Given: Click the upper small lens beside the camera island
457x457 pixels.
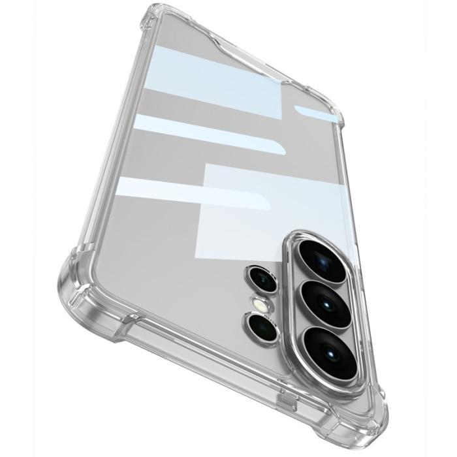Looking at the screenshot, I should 263,281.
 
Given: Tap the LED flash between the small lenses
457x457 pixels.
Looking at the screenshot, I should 261,304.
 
